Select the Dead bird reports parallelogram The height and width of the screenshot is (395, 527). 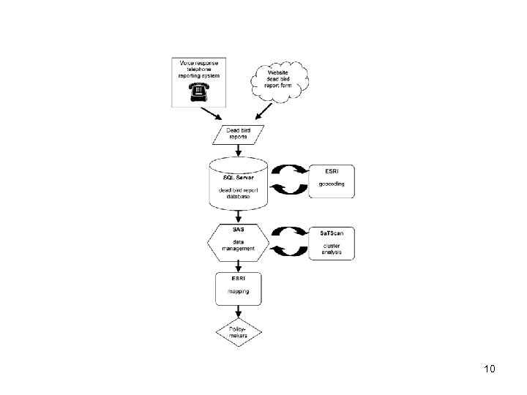coord(236,134)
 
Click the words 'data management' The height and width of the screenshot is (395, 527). coord(239,245)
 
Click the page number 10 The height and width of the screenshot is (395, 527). coord(490,369)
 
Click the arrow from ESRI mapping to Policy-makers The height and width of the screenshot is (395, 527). coord(237,312)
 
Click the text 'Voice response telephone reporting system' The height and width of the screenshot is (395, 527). coord(199,69)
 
